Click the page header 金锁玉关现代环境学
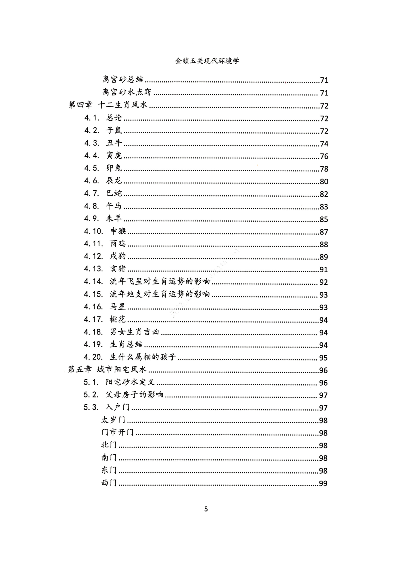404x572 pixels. point(207,61)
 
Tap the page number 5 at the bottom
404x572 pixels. point(206,509)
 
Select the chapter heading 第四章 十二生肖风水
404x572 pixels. point(108,105)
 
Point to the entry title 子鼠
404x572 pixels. point(114,130)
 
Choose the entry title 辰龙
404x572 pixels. point(114,181)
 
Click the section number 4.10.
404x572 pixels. point(94,231)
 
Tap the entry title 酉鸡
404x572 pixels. point(118,244)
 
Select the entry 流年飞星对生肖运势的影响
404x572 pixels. point(160,282)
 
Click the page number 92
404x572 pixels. point(324,282)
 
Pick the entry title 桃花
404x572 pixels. point(118,319)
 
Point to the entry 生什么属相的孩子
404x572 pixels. point(143,357)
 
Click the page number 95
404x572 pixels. point(323,358)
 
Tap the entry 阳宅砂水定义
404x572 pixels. point(130,382)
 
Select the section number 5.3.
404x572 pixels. point(91,407)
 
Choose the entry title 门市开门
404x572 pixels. point(118,432)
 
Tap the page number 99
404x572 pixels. point(323,484)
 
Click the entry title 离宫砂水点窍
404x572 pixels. point(127,93)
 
